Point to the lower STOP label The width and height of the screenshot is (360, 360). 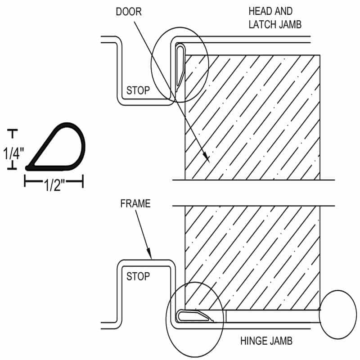coord(137,276)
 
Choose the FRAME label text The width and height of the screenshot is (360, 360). coord(135,203)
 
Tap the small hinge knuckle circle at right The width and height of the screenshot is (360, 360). coord(337,315)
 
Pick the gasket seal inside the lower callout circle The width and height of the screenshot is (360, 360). coord(193,316)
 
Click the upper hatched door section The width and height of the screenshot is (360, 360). coord(252,117)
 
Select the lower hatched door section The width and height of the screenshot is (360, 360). coord(252,256)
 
